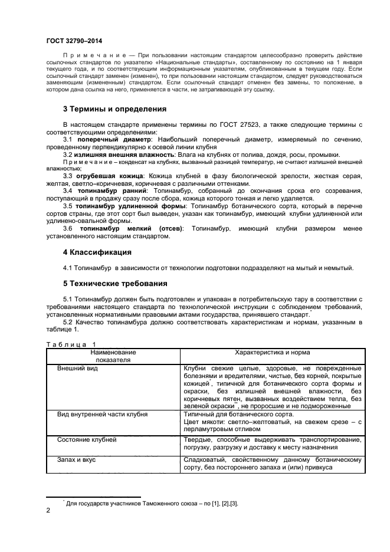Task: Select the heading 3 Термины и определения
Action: pos(114,109)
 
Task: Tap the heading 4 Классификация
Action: pos(97,252)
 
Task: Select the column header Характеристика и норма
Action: pos(273,352)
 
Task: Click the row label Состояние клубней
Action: pos(87,439)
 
